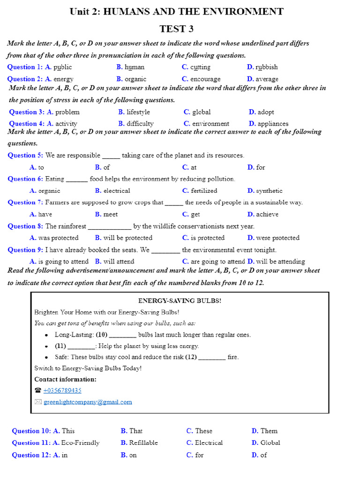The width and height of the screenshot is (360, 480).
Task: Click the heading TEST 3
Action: [176, 29]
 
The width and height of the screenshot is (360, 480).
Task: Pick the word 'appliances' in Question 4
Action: [273, 124]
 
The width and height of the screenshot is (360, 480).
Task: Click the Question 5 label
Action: [25, 155]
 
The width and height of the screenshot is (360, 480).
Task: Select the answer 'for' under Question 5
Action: [260, 167]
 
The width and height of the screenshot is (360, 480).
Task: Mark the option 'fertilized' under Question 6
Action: [204, 191]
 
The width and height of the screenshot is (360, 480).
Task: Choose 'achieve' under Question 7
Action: [267, 214]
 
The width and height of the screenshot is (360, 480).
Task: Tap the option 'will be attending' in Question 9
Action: [280, 262]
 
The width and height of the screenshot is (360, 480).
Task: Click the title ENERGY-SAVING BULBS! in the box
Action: [180, 301]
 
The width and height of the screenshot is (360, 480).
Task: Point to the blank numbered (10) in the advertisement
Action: [122, 335]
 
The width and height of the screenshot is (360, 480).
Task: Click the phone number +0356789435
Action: [62, 390]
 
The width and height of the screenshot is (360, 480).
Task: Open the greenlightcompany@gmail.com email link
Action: [88, 402]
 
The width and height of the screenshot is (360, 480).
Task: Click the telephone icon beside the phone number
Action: [38, 390]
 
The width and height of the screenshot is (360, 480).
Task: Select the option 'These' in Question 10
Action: [203, 431]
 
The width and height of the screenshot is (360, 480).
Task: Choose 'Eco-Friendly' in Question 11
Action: [80, 442]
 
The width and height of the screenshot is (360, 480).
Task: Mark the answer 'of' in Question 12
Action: [263, 455]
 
